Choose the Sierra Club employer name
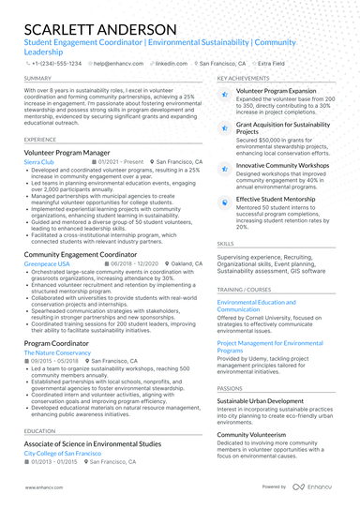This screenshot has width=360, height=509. [39, 162]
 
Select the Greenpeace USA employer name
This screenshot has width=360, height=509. [47, 264]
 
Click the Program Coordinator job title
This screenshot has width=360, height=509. [59, 344]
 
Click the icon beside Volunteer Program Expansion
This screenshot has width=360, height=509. [224, 94]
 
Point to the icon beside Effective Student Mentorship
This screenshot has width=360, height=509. [224, 201]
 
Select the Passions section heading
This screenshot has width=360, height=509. [230, 387]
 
